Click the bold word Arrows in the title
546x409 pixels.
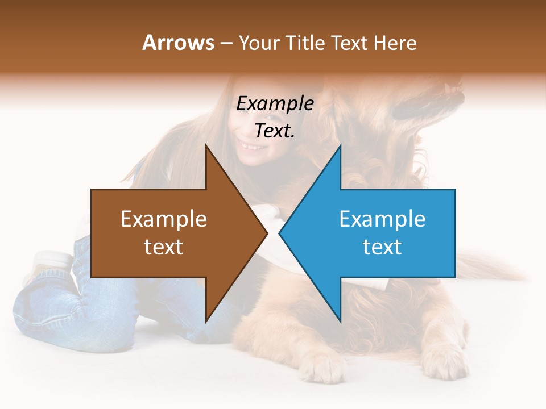(x=179, y=43)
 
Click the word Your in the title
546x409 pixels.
(x=259, y=43)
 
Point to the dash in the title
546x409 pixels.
(x=226, y=44)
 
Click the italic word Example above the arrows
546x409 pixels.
(x=275, y=104)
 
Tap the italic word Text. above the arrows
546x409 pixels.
(x=275, y=131)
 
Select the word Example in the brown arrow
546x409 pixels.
(x=164, y=219)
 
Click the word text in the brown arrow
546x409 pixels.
(x=164, y=247)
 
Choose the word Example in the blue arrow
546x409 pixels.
(x=382, y=219)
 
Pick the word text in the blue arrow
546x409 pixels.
(x=382, y=247)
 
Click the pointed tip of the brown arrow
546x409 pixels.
(x=267, y=233)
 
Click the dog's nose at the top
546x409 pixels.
(x=455, y=85)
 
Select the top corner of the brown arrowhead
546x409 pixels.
(x=206, y=145)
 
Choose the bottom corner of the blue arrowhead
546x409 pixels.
(x=340, y=322)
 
